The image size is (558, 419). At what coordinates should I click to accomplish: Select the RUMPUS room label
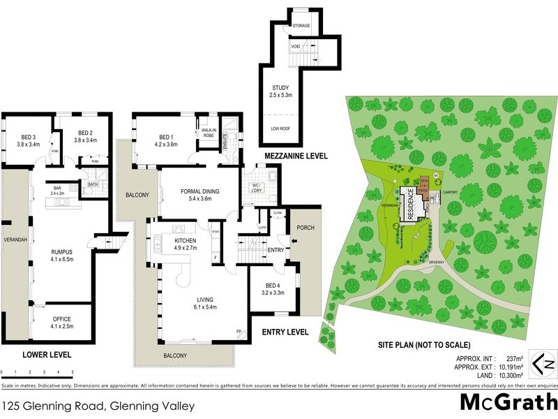[x=63, y=255]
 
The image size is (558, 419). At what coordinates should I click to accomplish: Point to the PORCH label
[x=306, y=228]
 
